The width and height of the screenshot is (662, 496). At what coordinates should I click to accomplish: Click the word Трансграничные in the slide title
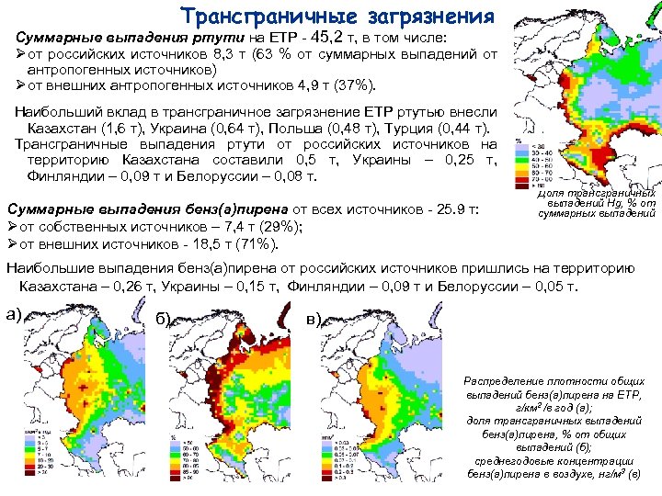pos(257,16)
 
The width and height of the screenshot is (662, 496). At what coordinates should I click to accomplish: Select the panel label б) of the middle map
pos(165,319)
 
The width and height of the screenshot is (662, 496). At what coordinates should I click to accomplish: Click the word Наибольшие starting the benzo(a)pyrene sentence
pos(51,267)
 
